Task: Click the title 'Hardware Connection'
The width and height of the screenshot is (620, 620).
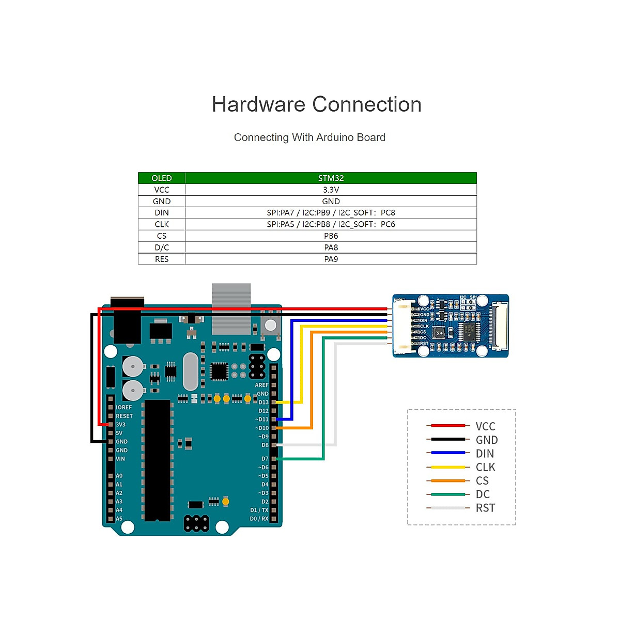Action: click(x=316, y=104)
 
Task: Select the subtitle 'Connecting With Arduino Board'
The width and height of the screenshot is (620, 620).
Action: click(x=309, y=137)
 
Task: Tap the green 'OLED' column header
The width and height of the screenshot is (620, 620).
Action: click(x=161, y=178)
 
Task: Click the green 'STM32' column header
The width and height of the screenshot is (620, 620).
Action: click(x=331, y=178)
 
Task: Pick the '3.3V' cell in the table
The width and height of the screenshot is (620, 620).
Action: click(x=331, y=190)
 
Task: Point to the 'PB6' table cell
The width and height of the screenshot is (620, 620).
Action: click(x=331, y=236)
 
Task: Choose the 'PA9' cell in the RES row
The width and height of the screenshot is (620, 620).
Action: click(x=331, y=259)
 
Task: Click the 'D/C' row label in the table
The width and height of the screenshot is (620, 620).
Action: click(x=161, y=247)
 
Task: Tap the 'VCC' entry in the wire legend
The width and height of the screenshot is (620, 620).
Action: click(x=485, y=426)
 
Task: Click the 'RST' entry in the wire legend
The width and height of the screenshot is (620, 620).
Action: click(x=485, y=508)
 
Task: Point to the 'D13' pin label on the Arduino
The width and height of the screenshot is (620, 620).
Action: click(x=263, y=402)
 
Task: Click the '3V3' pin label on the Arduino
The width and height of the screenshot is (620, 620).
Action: click(x=120, y=425)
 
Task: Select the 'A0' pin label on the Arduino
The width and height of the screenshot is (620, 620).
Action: click(x=119, y=476)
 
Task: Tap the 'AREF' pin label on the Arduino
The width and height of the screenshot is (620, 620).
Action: click(x=261, y=385)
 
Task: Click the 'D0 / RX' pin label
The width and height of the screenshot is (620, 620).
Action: click(x=259, y=519)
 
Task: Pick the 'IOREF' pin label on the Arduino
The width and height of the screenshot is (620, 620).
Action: click(x=123, y=408)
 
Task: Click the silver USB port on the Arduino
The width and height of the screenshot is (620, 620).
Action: click(x=231, y=308)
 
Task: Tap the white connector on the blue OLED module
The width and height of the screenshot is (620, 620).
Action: click(x=402, y=327)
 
